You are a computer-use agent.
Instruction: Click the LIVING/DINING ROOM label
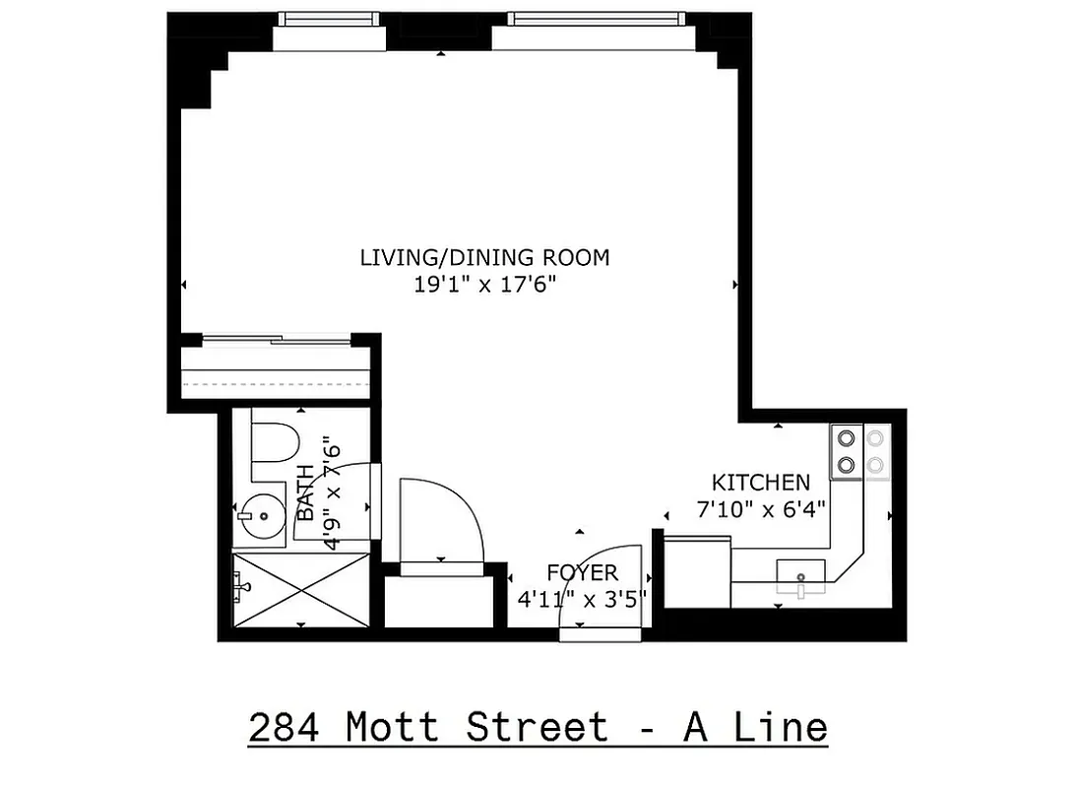pyautogui.click(x=484, y=258)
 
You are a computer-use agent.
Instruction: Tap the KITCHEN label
pyautogui.click(x=761, y=483)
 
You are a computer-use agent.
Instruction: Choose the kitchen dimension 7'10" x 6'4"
pyautogui.click(x=761, y=508)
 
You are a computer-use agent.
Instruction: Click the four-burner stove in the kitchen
pyautogui.click(x=860, y=452)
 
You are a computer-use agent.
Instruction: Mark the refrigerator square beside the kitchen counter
pyautogui.click(x=697, y=571)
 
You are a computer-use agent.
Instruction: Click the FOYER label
pyautogui.click(x=582, y=573)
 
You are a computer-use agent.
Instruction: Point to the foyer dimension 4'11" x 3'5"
pyautogui.click(x=582, y=599)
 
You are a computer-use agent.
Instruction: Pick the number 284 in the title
pyautogui.click(x=285, y=729)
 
